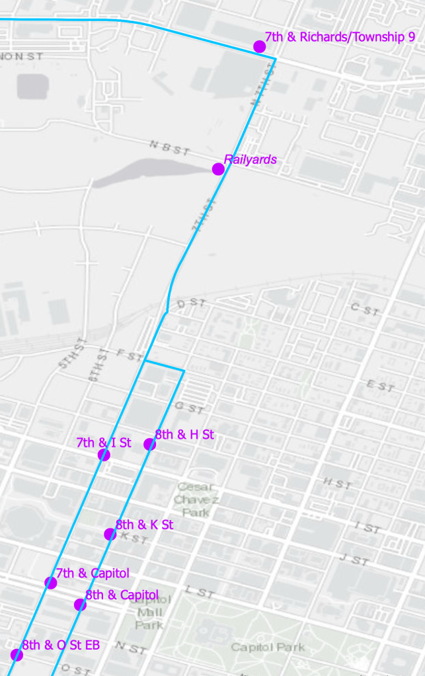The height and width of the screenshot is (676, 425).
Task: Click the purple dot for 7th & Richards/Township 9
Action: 260,46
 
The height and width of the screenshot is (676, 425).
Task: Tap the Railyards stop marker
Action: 218,169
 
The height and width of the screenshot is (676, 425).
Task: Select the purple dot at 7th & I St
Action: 104,455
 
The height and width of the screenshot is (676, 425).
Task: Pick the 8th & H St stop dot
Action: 150,445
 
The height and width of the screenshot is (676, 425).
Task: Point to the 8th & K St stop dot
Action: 110,534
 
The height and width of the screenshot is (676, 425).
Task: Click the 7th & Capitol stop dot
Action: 51,582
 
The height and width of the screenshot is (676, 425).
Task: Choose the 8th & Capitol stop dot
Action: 80,605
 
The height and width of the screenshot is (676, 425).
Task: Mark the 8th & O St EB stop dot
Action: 17,655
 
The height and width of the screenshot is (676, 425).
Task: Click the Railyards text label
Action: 250,159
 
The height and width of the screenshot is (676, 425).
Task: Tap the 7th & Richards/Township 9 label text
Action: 340,37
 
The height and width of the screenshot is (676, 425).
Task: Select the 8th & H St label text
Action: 184,435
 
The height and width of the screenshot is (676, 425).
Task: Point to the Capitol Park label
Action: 268,647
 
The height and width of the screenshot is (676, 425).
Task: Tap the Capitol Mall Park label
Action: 151,612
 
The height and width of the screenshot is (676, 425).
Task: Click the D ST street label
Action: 192,303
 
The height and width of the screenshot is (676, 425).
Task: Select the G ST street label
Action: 189,408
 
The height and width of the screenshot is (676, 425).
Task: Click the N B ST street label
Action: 170,148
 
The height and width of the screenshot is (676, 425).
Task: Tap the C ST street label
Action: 365,309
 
